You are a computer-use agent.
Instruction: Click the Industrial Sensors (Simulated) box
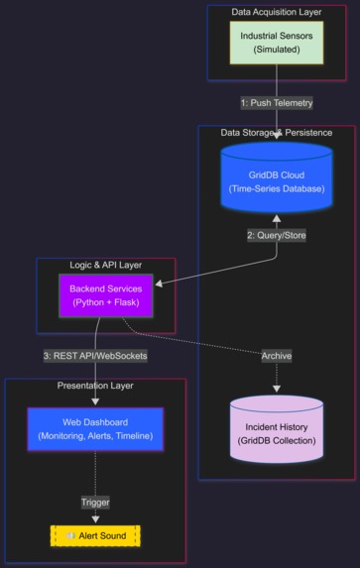(x=277, y=43)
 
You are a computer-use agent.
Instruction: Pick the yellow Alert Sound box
(x=95, y=536)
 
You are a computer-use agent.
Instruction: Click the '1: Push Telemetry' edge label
(x=277, y=102)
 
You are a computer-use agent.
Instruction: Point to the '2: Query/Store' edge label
(x=277, y=236)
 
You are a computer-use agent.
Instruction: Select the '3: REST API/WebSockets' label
(x=95, y=355)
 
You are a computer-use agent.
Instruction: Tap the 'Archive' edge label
(x=277, y=355)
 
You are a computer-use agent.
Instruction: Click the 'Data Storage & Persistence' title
(x=277, y=132)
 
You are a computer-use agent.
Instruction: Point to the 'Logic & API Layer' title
(x=106, y=266)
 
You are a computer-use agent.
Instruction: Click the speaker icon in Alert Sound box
(x=70, y=536)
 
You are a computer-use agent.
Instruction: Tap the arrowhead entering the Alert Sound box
(x=95, y=518)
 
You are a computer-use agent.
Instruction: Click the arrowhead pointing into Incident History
(x=277, y=389)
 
